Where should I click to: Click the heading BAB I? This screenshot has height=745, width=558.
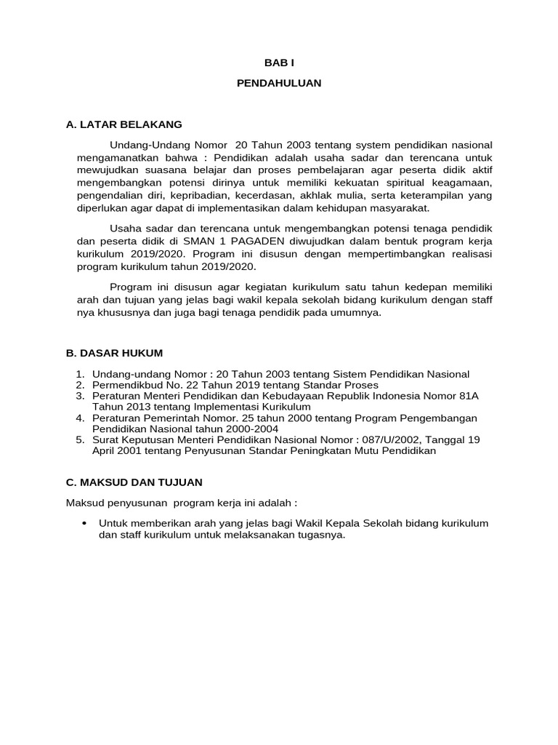coord(279,63)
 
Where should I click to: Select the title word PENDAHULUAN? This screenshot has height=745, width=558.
coord(279,84)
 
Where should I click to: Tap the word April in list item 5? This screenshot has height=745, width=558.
coord(105,451)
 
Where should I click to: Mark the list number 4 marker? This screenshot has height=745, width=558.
coord(80,418)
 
